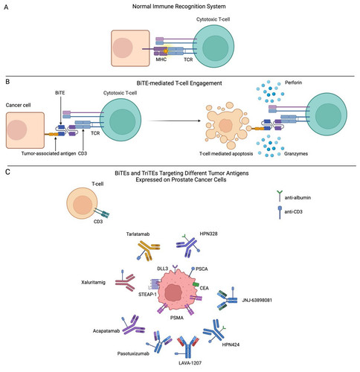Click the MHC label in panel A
coord(161,60)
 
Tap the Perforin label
coord(293,83)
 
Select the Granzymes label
coord(296,154)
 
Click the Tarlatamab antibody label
coord(138,234)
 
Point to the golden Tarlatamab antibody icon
coord(148,251)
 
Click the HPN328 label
coord(208,234)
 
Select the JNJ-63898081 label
coord(257,301)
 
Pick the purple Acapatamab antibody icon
coord(133,325)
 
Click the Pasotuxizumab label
coord(133,353)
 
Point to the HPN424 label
coord(231,344)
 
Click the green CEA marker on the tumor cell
coord(196,284)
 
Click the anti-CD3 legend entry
coord(290,212)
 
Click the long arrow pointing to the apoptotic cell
coord(174,121)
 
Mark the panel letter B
coord(7,82)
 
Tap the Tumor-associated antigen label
coord(48,153)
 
